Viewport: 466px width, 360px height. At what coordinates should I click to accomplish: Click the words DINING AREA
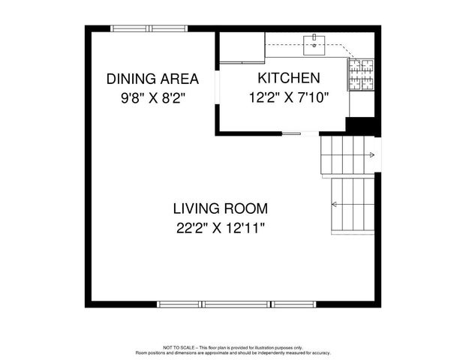click(x=152, y=79)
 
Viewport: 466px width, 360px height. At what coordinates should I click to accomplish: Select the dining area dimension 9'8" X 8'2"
click(x=152, y=97)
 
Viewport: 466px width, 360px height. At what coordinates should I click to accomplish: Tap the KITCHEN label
click(x=289, y=78)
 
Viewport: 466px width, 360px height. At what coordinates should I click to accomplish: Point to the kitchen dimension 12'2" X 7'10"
click(x=289, y=97)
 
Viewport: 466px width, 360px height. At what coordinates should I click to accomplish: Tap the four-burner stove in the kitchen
click(x=361, y=75)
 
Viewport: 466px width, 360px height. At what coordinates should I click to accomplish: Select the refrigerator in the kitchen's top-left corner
click(x=241, y=48)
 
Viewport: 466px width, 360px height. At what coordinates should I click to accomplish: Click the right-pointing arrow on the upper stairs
click(x=370, y=155)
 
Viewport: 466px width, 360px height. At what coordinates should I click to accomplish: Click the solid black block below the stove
click(x=359, y=126)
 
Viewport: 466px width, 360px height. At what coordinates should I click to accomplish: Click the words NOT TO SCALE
click(x=178, y=347)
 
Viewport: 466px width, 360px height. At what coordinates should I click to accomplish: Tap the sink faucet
click(x=311, y=38)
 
